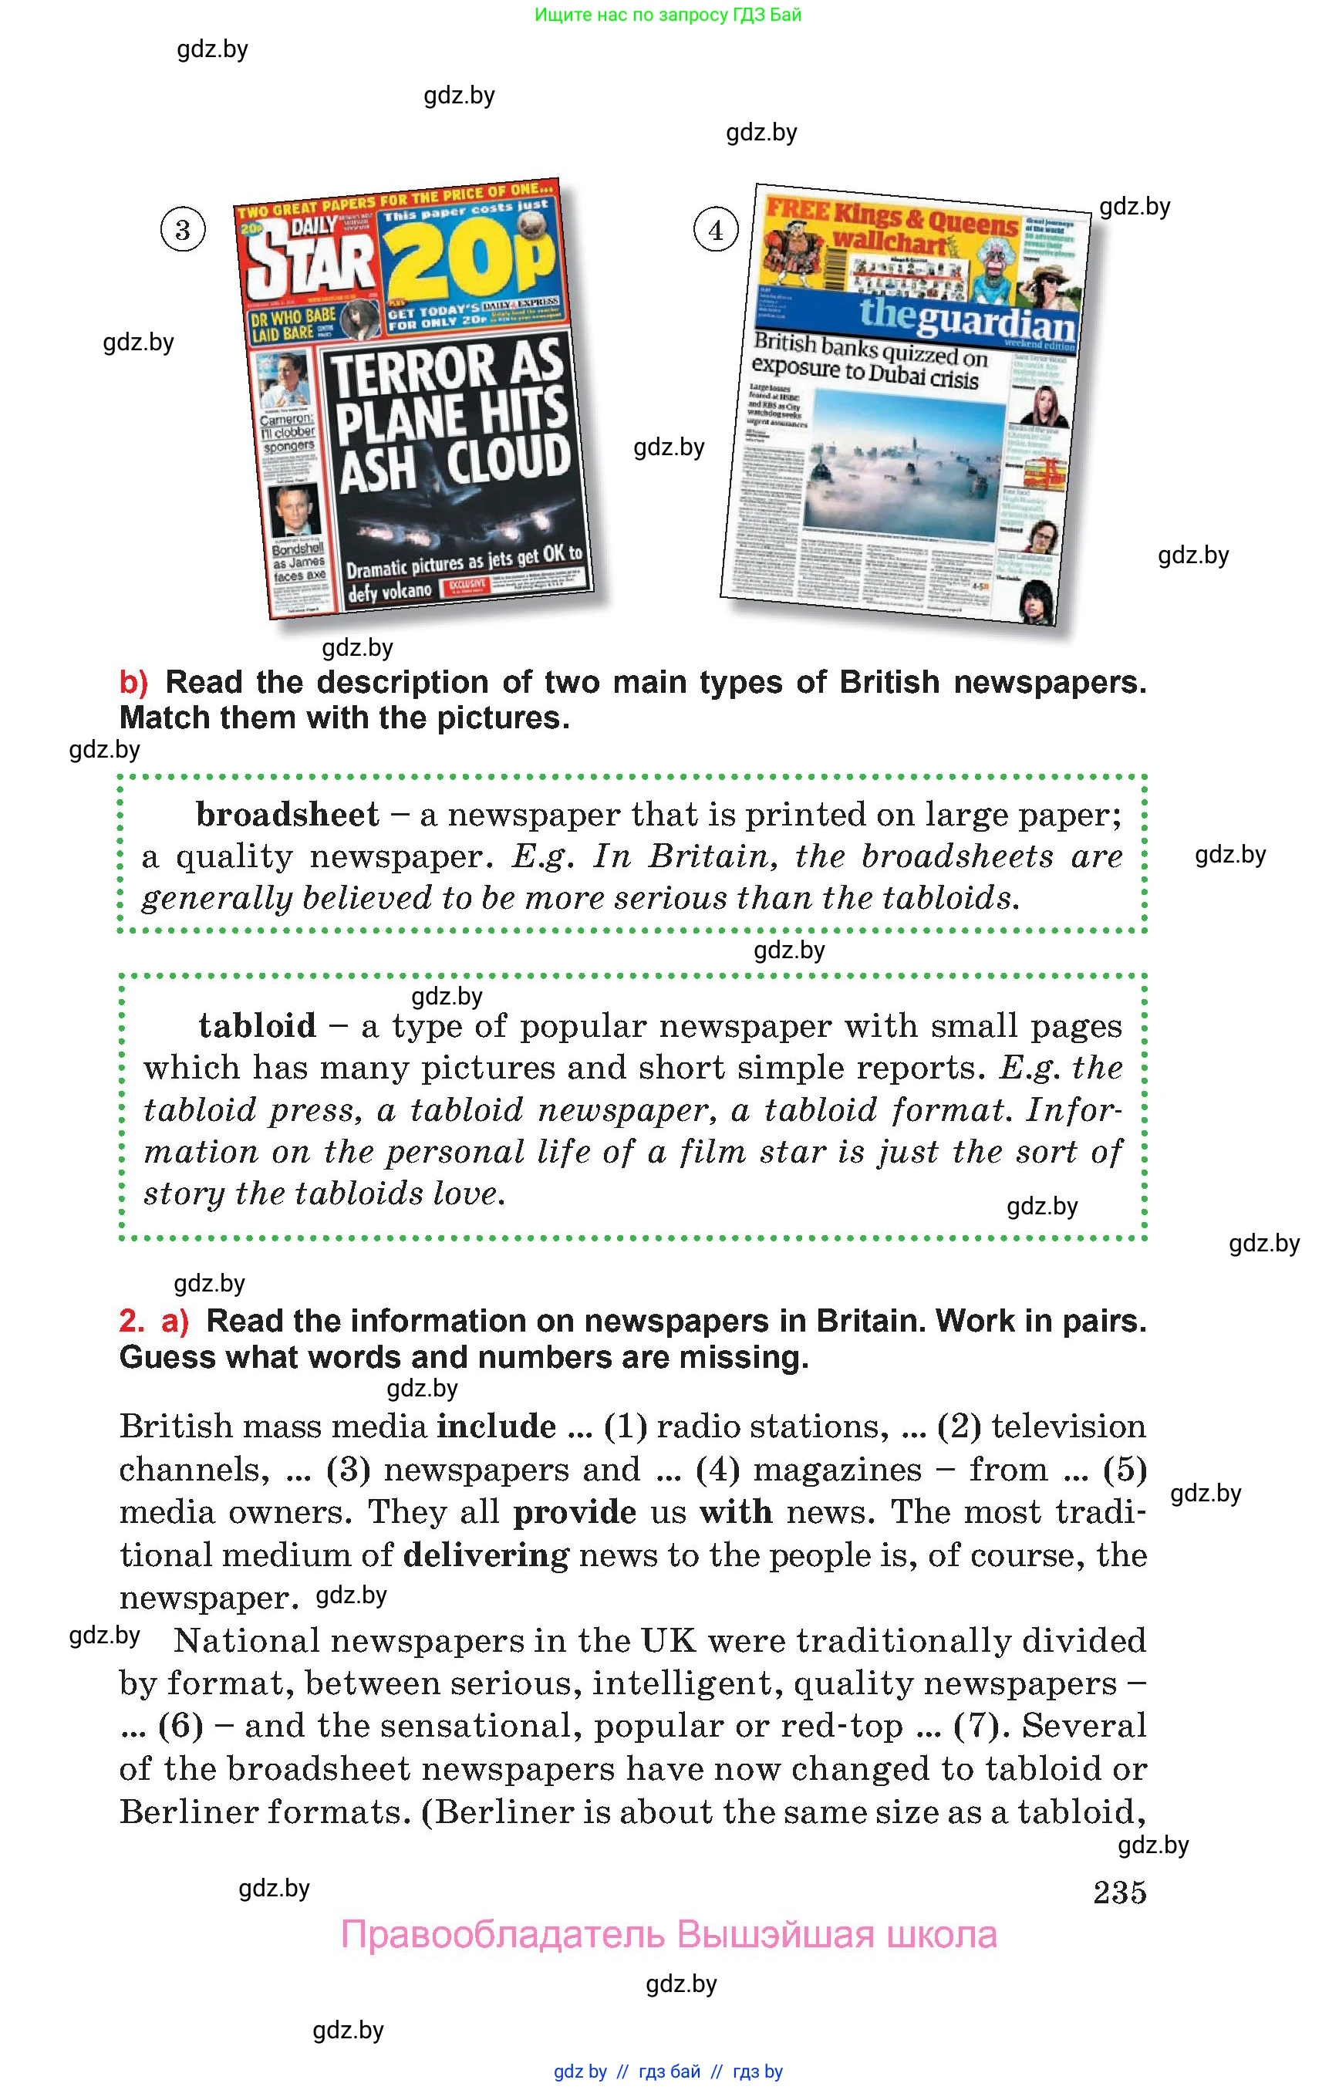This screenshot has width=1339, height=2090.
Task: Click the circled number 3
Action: click(183, 231)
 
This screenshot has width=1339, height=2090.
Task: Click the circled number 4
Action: click(716, 231)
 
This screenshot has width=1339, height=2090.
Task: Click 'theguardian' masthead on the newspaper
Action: click(966, 319)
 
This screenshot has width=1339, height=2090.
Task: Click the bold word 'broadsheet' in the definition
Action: click(287, 815)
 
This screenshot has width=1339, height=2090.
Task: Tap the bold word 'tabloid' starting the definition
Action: click(258, 1026)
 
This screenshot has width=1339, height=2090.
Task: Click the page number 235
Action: click(1119, 1892)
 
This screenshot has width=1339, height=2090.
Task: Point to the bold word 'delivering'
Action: click(486, 1555)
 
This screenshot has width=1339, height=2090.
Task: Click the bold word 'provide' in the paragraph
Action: click(574, 1512)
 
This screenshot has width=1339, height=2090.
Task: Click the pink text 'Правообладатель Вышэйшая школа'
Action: click(668, 1935)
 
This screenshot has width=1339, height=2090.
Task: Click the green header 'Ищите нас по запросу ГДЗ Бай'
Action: click(668, 15)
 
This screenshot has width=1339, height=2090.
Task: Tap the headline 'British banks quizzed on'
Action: click(870, 349)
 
